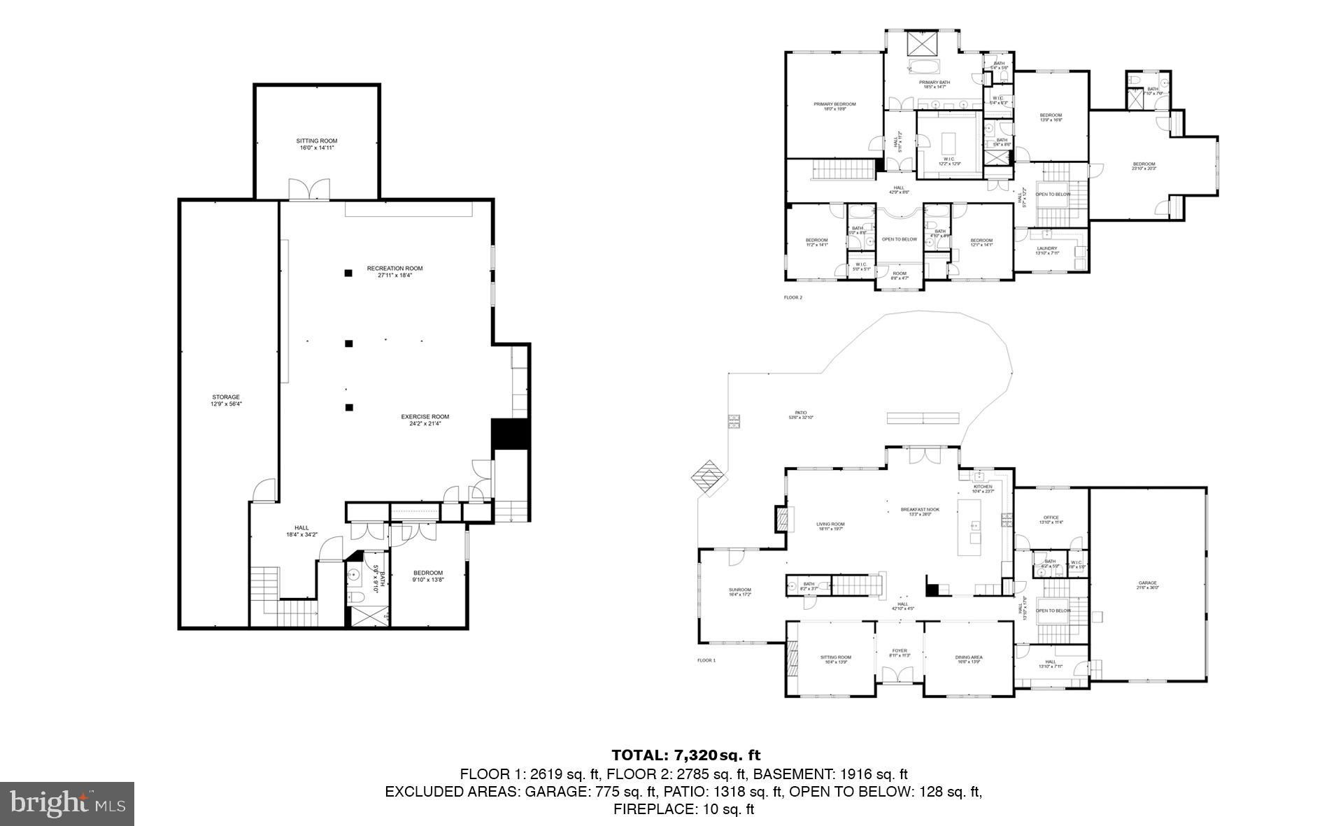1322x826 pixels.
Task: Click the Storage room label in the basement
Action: pos(226,400)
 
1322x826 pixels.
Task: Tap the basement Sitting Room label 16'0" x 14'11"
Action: pos(316,144)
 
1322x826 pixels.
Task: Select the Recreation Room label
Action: pos(395,271)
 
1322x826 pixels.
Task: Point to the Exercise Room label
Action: pos(425,420)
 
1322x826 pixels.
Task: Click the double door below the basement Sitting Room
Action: pos(309,190)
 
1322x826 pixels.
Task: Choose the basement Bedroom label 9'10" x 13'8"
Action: pos(428,576)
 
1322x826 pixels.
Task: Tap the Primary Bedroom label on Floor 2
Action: pos(834,106)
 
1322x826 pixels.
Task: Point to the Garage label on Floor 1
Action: pos(1147,585)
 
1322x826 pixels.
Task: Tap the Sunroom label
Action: pos(739,592)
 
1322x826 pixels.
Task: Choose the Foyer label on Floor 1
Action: pos(899,653)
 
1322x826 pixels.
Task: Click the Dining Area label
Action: pos(969,659)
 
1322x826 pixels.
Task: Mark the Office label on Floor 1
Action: pos(1051,520)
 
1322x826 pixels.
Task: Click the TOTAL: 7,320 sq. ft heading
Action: pos(685,755)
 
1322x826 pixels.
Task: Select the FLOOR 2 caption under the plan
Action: pos(793,297)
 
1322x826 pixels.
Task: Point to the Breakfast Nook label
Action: pos(920,511)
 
